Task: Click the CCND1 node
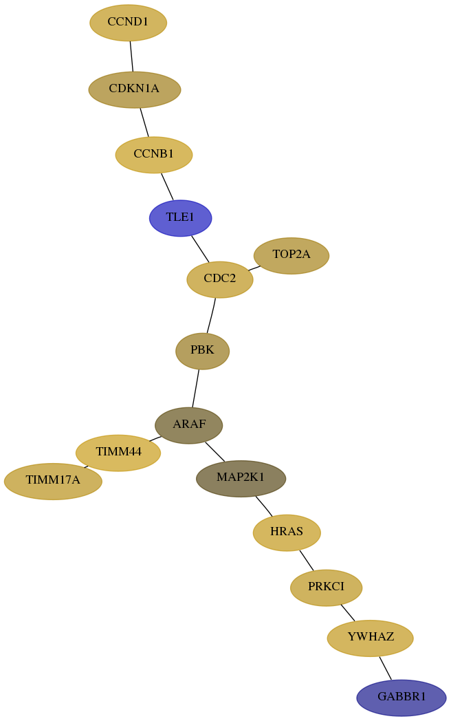pos(128,23)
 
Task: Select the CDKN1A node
pos(134,89)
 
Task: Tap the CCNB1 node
pos(153,155)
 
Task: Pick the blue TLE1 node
pos(180,218)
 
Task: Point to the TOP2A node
pos(291,255)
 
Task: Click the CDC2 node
pos(220,279)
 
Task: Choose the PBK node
pos(202,351)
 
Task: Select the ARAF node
pos(189,425)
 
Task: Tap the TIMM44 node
pos(118,453)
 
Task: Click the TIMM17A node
pos(53,481)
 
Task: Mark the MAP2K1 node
pos(241,478)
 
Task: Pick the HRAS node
pos(287,532)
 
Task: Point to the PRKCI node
pos(326,588)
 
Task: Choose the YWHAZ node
pos(370,638)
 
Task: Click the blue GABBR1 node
pos(401,698)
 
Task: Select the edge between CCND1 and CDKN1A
pos(131,56)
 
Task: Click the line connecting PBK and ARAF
pos(196,389)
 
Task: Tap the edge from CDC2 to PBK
pos(211,315)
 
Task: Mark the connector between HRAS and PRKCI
pos(306,560)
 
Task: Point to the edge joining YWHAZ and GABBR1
pos(385,668)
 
